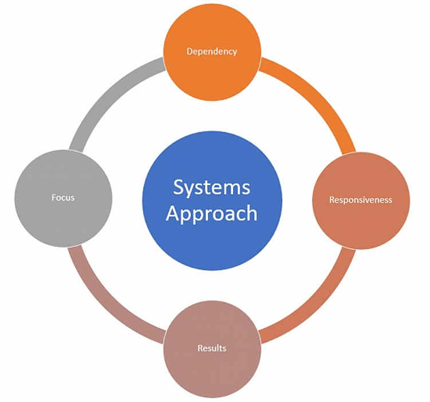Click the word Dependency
[212, 51]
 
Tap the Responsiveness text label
[360, 200]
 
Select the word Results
[212, 348]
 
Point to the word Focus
[63, 197]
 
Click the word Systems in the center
[212, 187]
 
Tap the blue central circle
[212, 240]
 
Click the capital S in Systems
[177, 187]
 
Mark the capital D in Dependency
[190, 51]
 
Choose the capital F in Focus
[53, 197]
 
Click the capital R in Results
[200, 348]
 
